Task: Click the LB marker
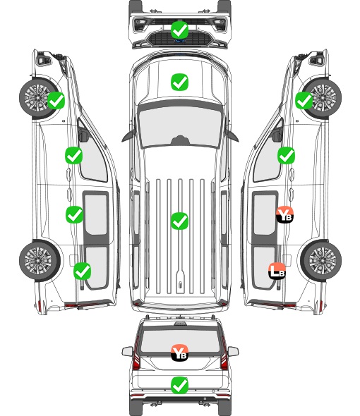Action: pos(277,271)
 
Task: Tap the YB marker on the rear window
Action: pos(179,353)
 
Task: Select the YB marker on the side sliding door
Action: pos(284,214)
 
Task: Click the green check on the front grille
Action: pos(179,30)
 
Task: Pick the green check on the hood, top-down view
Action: pos(179,82)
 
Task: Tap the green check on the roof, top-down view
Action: pos(179,221)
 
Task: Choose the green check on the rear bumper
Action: pos(179,385)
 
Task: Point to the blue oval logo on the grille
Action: pos(179,41)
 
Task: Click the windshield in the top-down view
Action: pos(180,126)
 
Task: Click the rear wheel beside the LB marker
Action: pos(321,260)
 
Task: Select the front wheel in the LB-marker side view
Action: pos(321,97)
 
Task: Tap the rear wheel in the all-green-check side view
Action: pos(40,261)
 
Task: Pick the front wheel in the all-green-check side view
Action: pos(40,98)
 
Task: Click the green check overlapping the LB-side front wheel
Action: pos(304,101)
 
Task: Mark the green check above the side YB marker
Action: pos(286,155)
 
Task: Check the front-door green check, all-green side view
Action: pos(74,155)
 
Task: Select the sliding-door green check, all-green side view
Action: pos(74,214)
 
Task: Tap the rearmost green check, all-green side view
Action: pos(83,271)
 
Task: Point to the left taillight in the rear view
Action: pos(136,354)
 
